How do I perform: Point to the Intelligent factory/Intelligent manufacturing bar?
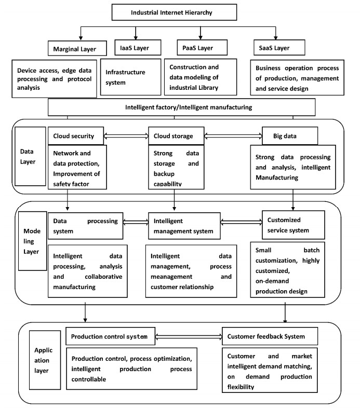tap(181, 107)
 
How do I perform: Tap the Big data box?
tap(284, 136)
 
